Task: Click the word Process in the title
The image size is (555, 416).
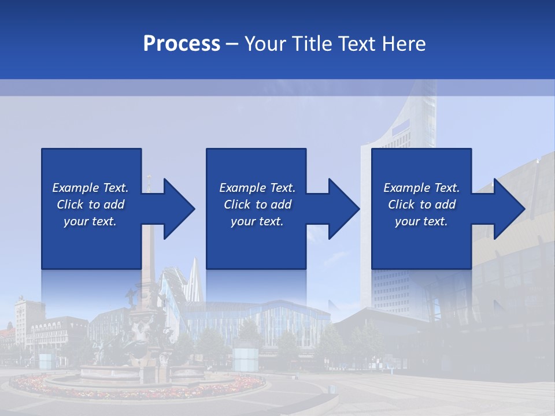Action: (182, 44)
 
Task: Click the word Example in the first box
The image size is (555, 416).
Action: (76, 188)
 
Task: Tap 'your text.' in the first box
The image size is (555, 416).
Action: (90, 221)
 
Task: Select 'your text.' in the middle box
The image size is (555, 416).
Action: (257, 221)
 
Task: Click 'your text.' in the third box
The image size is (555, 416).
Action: (421, 221)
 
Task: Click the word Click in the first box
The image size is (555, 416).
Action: (70, 205)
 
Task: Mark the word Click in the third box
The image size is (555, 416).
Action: (401, 205)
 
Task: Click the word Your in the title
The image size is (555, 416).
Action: (263, 44)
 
